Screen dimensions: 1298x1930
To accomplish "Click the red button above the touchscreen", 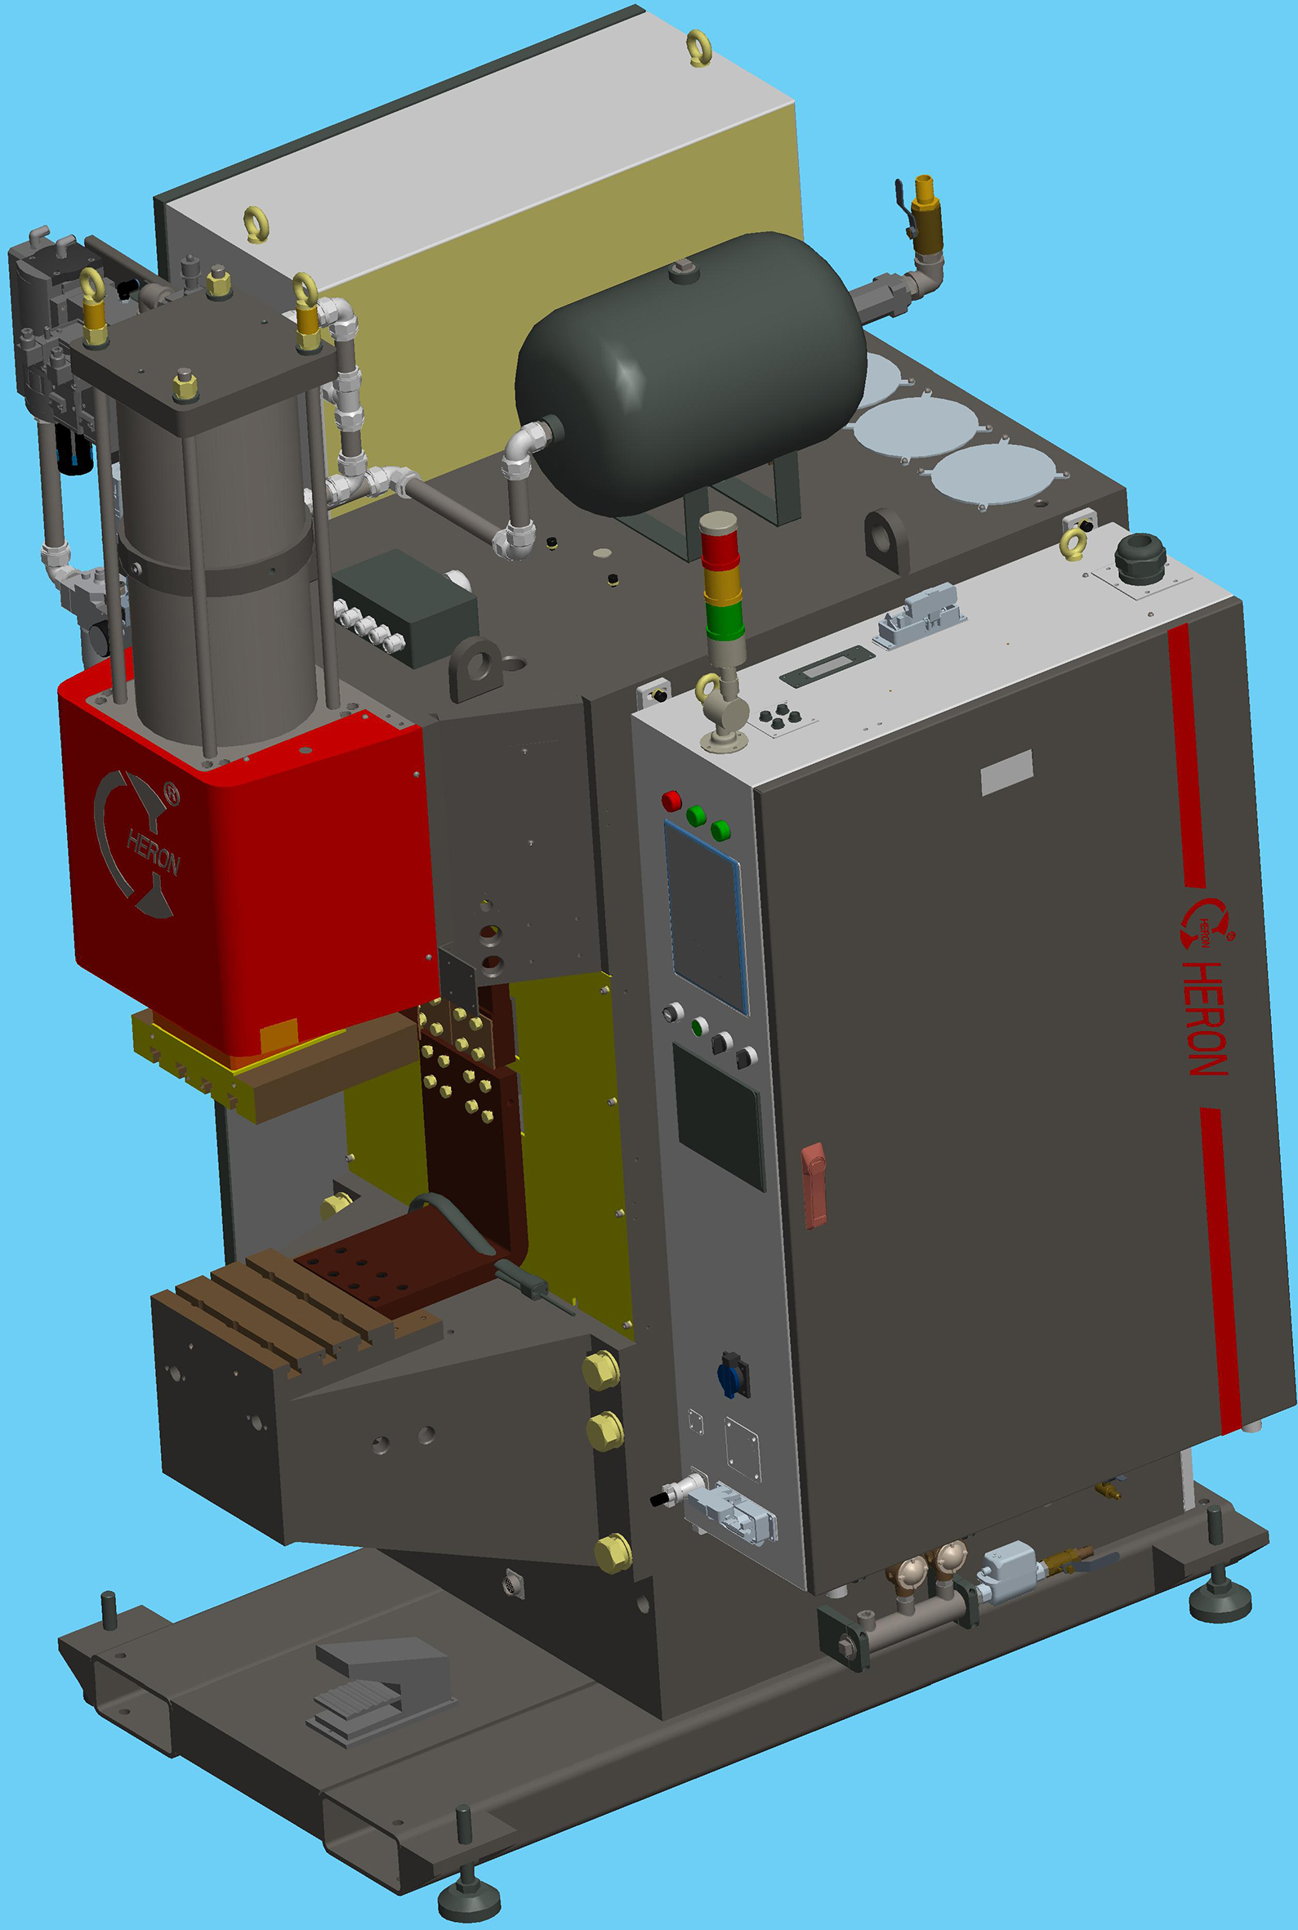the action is (x=671, y=801).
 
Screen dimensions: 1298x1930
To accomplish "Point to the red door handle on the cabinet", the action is (x=814, y=1185).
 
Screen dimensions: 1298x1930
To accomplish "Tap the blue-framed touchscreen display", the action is (x=706, y=917).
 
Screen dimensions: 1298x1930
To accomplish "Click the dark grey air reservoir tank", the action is (x=689, y=373).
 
